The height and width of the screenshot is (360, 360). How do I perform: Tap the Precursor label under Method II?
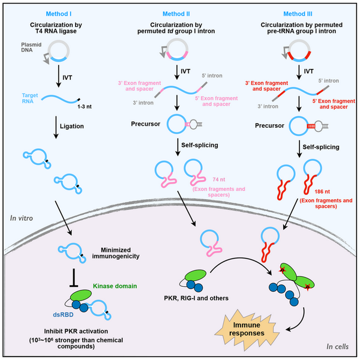146,125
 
